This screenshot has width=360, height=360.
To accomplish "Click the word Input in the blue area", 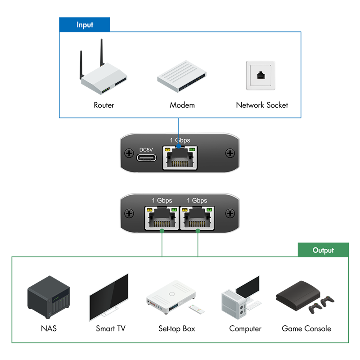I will coord(85,25).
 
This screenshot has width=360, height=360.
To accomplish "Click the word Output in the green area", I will coord(323,250).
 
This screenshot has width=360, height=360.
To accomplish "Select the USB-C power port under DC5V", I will coord(148,159).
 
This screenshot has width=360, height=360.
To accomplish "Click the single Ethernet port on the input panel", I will coord(180,158).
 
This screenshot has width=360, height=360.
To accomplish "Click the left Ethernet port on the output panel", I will coord(162,217).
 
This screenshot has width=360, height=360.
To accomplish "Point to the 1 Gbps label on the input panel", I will coord(180,140).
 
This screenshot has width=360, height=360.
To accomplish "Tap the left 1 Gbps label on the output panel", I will coord(162,200).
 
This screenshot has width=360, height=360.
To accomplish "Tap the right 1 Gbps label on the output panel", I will coord(197,200).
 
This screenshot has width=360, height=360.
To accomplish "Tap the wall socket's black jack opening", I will coord(261,75).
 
